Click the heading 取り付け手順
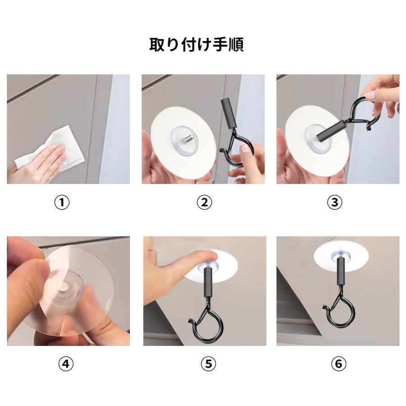point(196,45)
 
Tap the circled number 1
point(62,202)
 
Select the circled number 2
point(204,202)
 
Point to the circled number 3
point(335,202)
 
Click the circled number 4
point(66,364)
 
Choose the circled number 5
point(208,364)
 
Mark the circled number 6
point(339,364)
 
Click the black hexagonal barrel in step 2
point(228,113)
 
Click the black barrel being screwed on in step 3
point(330,130)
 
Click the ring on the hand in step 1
point(48,161)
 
